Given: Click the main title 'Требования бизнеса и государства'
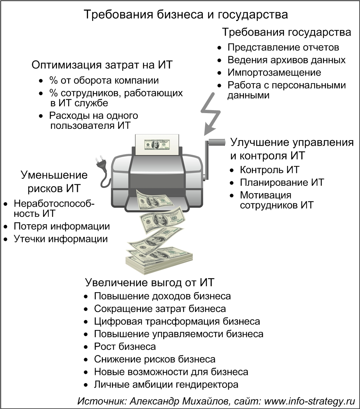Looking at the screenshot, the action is [186, 14].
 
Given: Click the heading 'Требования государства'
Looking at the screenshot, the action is [287, 32].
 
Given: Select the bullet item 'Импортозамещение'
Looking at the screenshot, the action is [274, 72].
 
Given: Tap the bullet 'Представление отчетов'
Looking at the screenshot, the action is [283, 47].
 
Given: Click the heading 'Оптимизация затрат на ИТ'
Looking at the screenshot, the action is [102, 65].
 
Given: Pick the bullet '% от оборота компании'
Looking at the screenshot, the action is [104, 80].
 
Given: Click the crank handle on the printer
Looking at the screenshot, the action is [213, 157].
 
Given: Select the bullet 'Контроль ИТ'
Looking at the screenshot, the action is [269, 170].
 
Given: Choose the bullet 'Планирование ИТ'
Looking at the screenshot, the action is [282, 182].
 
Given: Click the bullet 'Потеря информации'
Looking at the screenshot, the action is [61, 226].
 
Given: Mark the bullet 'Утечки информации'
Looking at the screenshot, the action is [61, 239].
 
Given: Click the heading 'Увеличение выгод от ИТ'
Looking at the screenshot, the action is [150, 282].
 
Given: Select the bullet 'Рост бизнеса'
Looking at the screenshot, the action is [125, 347].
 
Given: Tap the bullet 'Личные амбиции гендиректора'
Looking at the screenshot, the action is [166, 385].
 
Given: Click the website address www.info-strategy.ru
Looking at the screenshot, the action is [310, 401].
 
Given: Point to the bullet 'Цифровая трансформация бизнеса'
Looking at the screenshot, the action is [177, 321].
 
